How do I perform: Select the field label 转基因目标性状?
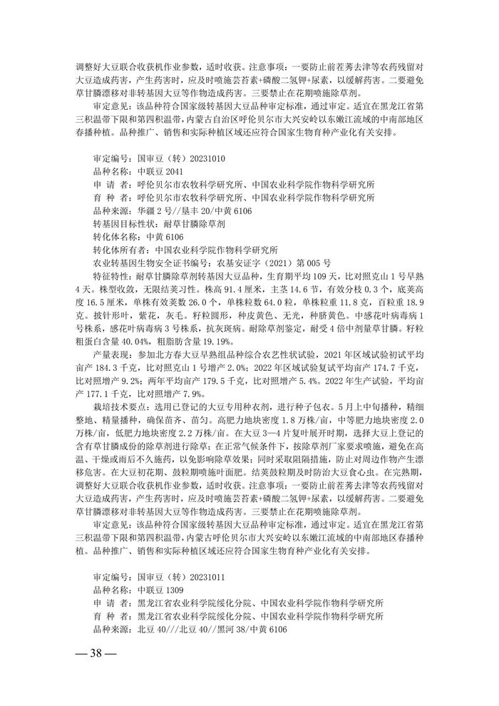coord(114,224)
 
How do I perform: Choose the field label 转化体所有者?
coord(114,250)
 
